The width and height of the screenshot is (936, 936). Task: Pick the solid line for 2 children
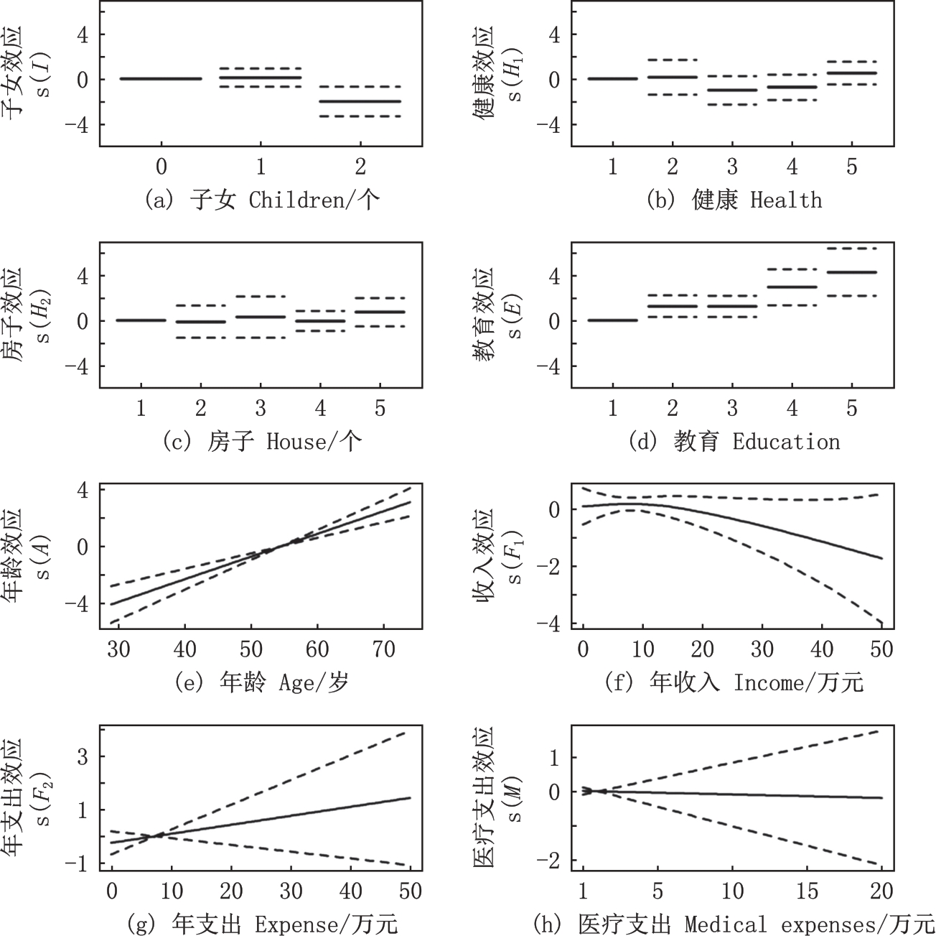click(360, 101)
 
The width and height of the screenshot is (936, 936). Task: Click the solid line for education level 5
click(851, 272)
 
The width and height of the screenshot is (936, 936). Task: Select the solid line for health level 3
click(731, 90)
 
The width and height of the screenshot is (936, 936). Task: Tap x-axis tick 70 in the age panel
click(384, 649)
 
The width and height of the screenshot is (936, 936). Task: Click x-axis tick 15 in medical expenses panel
click(807, 891)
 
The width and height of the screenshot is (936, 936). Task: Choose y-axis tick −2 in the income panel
click(553, 567)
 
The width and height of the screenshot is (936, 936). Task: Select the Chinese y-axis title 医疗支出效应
click(485, 797)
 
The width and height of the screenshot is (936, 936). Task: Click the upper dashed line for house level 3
click(260, 296)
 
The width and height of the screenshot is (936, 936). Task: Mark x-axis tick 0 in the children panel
click(161, 167)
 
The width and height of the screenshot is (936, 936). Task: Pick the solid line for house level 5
click(380, 312)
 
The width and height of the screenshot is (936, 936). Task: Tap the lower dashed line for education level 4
click(791, 305)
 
